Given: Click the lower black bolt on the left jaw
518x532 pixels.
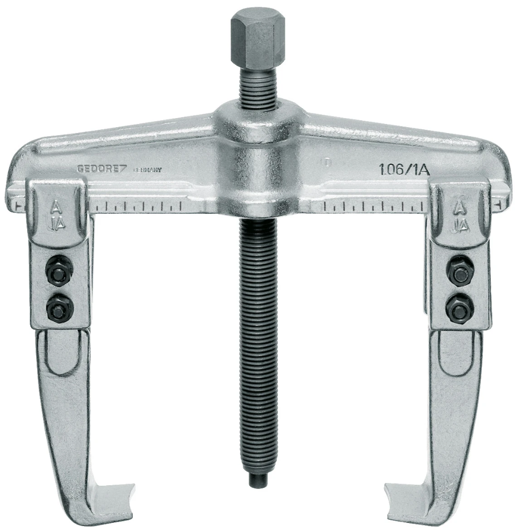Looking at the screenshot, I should coord(55,307).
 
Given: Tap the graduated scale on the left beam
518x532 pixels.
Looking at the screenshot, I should coord(138,205).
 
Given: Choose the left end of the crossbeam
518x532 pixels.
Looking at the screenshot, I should coord(19,176).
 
